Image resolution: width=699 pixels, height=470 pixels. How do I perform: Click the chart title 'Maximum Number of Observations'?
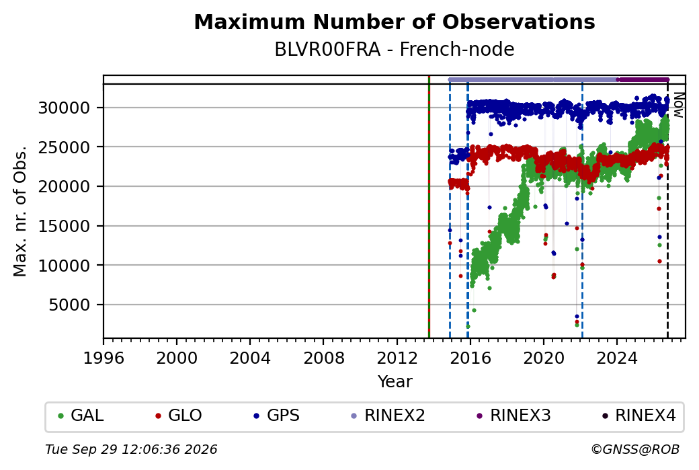click(x=395, y=22)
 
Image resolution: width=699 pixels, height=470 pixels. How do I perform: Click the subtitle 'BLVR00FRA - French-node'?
click(x=395, y=49)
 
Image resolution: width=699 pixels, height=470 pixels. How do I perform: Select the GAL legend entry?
click(x=81, y=416)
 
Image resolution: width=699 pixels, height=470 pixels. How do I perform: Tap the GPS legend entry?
click(x=276, y=416)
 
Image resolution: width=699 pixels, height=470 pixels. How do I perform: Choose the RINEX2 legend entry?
click(x=388, y=416)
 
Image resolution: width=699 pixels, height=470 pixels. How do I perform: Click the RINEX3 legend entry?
click(x=513, y=416)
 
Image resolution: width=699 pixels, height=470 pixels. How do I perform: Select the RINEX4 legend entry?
click(x=639, y=416)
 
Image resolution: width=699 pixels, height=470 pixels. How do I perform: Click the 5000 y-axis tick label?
click(x=69, y=305)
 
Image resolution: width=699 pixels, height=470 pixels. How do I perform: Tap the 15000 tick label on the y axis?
click(x=65, y=226)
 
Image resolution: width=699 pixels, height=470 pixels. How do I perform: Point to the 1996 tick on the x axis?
click(x=104, y=358)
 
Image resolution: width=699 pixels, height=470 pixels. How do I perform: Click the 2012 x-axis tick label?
click(x=397, y=358)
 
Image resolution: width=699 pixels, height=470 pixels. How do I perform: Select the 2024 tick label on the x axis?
click(x=617, y=358)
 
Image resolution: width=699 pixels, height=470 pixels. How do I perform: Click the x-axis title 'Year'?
click(x=395, y=382)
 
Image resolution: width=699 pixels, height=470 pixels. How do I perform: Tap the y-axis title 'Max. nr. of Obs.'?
click(x=20, y=211)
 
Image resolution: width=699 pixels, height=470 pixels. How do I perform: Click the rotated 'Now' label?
click(x=678, y=105)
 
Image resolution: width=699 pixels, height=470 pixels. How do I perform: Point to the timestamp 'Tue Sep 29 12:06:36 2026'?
click(x=131, y=449)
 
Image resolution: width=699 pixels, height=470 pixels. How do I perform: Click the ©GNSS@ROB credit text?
click(x=635, y=449)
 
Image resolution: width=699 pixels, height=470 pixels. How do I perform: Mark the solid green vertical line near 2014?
click(x=429, y=207)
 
